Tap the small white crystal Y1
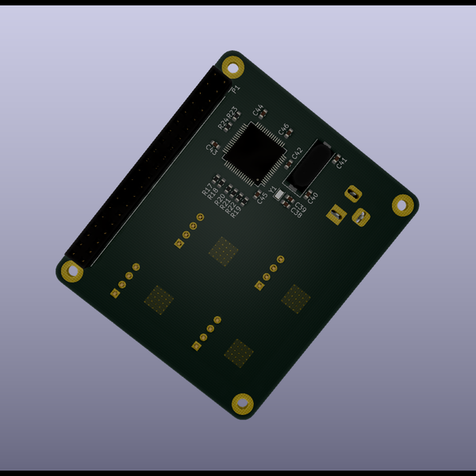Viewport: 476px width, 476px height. point(278,197)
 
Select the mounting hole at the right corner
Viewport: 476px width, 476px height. point(403,204)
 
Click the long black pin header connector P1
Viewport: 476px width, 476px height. point(148,167)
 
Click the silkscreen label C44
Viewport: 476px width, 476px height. point(258,110)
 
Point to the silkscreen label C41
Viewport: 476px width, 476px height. point(342,162)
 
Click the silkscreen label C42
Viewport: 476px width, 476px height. point(297,152)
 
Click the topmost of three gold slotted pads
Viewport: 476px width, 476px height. point(352,193)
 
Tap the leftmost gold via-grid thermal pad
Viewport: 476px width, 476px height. point(159,299)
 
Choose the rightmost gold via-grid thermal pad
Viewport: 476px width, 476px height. point(296,297)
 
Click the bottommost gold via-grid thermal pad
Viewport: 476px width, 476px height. point(239,352)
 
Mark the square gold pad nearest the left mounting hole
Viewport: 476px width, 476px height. point(116,294)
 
